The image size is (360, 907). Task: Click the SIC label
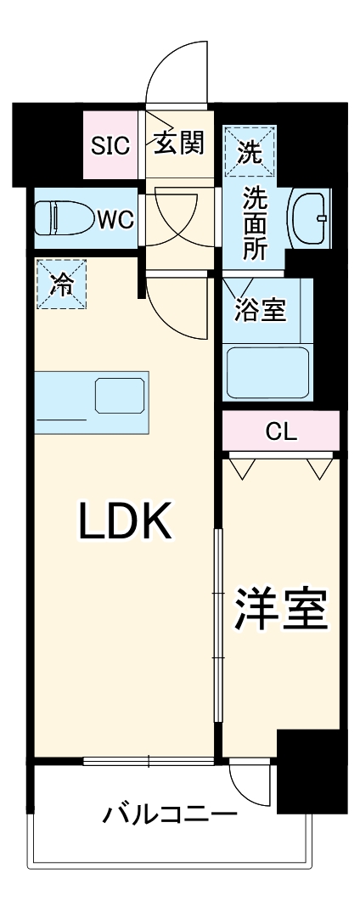(110, 145)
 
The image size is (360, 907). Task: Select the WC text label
(114, 219)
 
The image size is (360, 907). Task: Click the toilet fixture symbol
(62, 218)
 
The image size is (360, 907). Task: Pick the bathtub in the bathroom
(267, 370)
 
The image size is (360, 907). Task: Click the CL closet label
(281, 431)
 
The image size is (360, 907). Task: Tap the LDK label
(126, 521)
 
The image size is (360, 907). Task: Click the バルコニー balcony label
(169, 816)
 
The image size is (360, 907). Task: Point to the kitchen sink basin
(118, 395)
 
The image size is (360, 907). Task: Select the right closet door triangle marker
(319, 468)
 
